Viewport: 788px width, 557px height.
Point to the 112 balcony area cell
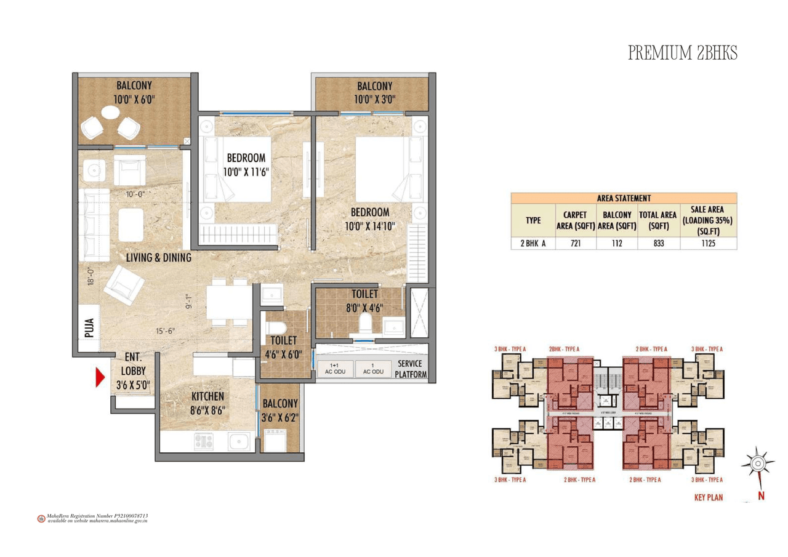(x=617, y=243)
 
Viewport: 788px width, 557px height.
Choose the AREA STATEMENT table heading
(x=624, y=198)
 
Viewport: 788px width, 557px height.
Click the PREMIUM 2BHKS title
(x=682, y=54)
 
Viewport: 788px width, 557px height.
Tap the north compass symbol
(x=758, y=463)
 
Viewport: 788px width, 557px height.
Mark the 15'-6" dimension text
(x=165, y=331)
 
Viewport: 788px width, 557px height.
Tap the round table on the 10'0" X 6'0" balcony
(x=111, y=113)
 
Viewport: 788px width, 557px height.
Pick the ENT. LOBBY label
(x=133, y=371)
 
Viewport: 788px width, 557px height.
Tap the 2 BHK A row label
(x=533, y=243)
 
